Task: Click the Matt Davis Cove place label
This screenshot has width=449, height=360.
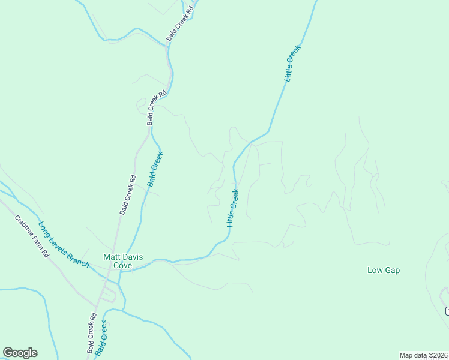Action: pos(123,261)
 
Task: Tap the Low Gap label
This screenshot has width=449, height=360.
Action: pos(384,271)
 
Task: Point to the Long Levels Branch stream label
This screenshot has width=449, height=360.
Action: pos(64,245)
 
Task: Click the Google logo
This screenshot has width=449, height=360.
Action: pos(20,353)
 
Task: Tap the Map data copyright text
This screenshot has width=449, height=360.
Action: pos(423,355)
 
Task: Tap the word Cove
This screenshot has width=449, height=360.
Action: pos(123,265)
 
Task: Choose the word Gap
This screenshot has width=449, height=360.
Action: pos(392,271)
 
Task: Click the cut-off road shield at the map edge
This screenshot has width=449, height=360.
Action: pos(447,310)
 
